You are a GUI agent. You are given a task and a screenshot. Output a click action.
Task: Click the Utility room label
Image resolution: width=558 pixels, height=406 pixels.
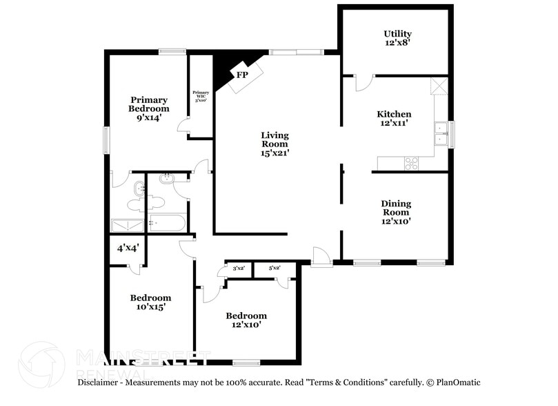pyautogui.click(x=397, y=38)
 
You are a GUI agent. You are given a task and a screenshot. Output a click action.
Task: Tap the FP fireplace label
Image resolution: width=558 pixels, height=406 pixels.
pyautogui.click(x=242, y=75)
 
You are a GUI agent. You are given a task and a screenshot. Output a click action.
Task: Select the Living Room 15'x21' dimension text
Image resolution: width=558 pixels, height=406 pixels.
pyautogui.click(x=274, y=153)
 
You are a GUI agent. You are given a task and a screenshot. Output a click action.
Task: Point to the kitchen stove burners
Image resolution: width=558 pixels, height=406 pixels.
pyautogui.click(x=411, y=164)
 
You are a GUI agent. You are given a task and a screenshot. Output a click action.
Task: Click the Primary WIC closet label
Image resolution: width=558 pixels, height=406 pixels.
pyautogui.click(x=201, y=96)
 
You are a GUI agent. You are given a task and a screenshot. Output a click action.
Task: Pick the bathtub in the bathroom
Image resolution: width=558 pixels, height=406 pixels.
pyautogui.click(x=166, y=224)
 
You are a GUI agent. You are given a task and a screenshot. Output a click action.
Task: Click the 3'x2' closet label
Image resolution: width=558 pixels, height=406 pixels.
pyautogui.click(x=239, y=268)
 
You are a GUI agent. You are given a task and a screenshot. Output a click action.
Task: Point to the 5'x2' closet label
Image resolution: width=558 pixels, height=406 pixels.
pyautogui.click(x=275, y=268)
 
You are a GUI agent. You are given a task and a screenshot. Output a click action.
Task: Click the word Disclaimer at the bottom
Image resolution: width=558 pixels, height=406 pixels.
pyautogui.click(x=100, y=383)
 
